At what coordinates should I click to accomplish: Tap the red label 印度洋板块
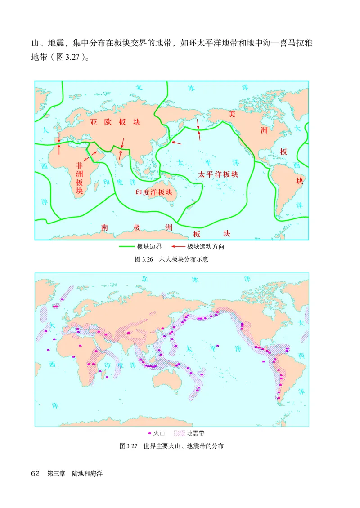[154, 192]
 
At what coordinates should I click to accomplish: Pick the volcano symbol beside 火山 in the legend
[149, 433]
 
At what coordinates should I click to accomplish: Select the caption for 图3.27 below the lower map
[172, 446]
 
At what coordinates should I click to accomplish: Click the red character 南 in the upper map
[105, 227]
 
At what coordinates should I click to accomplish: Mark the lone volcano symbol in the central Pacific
[217, 345]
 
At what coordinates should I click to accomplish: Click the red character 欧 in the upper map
[108, 122]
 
